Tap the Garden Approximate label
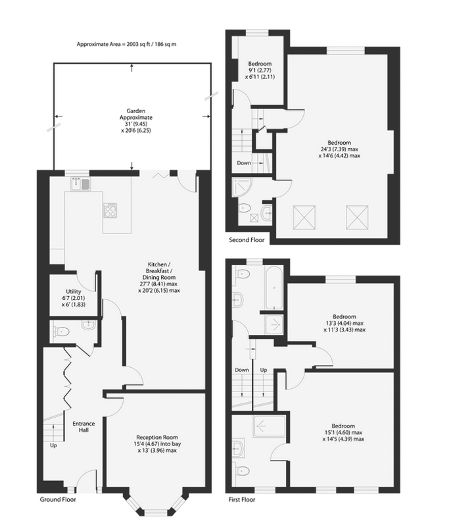136,120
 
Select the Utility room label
74,298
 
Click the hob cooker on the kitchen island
110,210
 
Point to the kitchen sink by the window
80,184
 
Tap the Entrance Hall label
83,426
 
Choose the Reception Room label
157,443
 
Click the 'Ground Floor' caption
58,499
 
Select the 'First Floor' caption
242,499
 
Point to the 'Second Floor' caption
247,240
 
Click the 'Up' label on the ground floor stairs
53,445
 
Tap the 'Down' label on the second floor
244,163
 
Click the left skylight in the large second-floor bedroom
304,218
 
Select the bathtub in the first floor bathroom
274,287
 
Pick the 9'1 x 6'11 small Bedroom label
260,70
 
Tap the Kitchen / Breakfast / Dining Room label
159,278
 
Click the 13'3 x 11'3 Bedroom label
344,323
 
